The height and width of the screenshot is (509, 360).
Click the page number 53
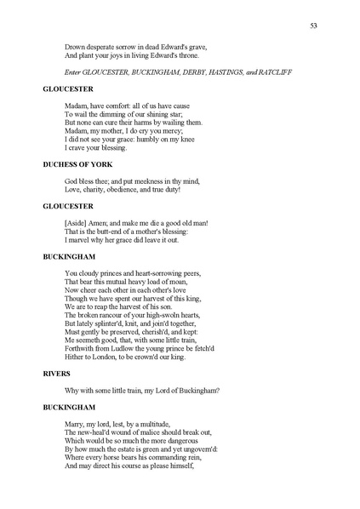pos(314,26)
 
